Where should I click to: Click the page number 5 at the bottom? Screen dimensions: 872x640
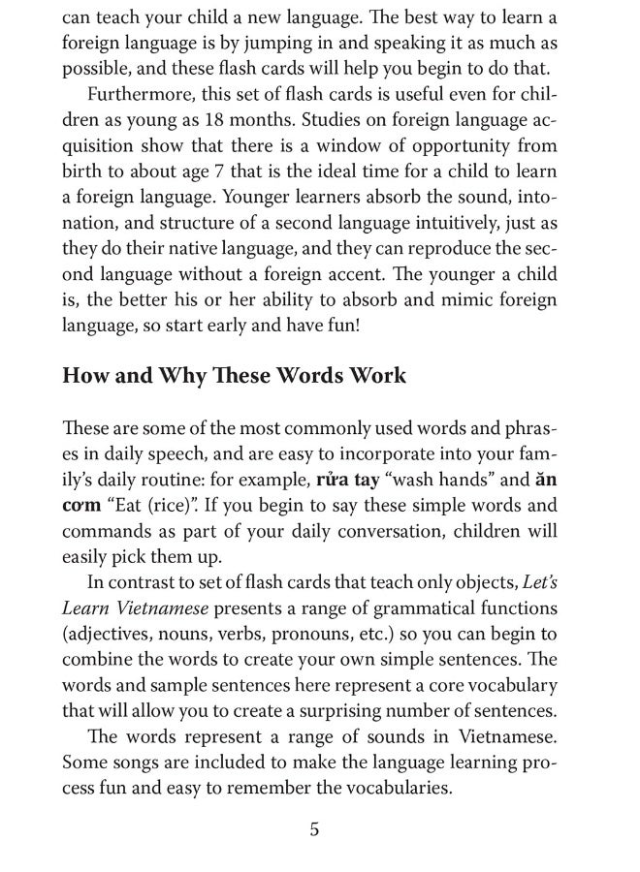pos(313,830)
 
